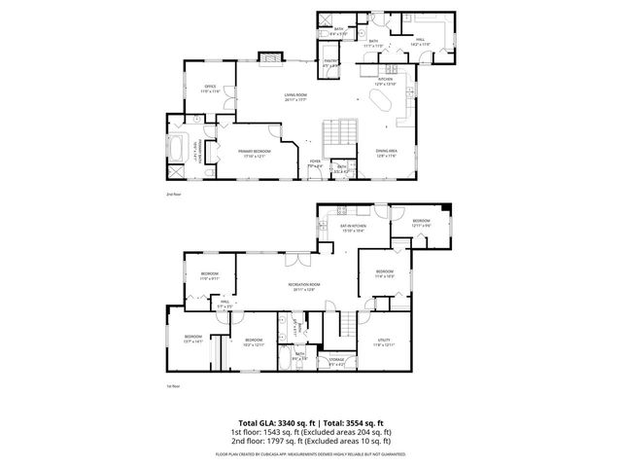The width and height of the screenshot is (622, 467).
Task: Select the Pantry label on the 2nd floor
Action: (329, 64)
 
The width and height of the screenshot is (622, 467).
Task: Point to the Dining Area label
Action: (387, 153)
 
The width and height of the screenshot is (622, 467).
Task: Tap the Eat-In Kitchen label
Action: (351, 229)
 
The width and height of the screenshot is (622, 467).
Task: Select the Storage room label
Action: (336, 362)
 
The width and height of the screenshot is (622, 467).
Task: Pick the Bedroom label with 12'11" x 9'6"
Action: (420, 223)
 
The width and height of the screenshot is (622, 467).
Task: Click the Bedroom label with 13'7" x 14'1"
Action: (191, 340)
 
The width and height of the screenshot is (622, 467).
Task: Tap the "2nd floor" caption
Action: (173, 195)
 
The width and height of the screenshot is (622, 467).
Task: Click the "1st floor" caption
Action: (173, 386)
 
